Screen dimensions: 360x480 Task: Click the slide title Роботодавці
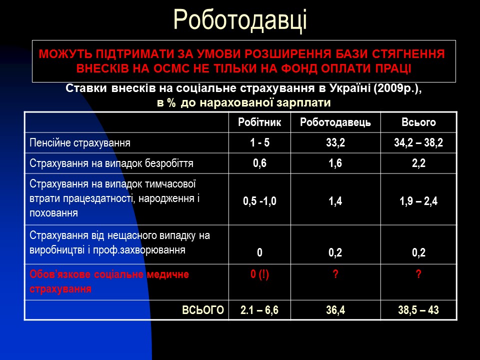point(240,20)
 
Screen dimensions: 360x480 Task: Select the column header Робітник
point(259,122)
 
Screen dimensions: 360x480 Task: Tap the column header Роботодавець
point(335,122)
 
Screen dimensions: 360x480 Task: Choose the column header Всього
point(418,122)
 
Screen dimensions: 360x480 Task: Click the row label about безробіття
point(111,163)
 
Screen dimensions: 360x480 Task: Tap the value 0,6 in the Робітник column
point(259,163)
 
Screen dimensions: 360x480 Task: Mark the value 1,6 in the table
point(335,163)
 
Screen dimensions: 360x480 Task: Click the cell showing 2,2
point(418,163)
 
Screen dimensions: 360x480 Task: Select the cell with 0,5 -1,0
point(259,201)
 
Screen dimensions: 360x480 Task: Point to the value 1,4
point(335,201)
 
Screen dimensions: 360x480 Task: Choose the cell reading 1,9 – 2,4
point(418,201)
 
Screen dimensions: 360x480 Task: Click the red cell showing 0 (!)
point(259,274)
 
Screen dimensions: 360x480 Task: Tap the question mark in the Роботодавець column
point(335,274)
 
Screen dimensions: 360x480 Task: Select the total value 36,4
point(335,310)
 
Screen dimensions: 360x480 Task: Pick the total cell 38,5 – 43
point(418,310)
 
